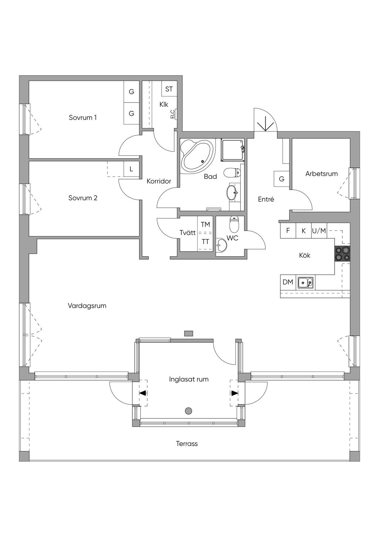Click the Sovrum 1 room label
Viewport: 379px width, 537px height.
tap(83, 118)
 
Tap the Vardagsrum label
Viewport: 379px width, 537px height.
tap(87, 306)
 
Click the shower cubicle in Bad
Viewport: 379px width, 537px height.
tap(232, 150)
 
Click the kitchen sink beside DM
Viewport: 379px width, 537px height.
tap(305, 282)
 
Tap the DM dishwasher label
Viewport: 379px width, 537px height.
tap(288, 282)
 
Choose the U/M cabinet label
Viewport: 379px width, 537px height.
tap(319, 231)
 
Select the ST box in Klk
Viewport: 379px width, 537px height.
tap(169, 89)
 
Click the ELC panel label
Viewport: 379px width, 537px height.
tap(172, 114)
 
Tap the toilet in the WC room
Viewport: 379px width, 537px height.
tap(234, 223)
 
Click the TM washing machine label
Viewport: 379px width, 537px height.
tap(205, 224)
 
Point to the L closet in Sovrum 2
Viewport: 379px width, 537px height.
tap(131, 169)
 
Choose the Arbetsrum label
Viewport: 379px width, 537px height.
tap(321, 174)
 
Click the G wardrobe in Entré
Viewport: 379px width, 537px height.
tap(282, 179)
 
